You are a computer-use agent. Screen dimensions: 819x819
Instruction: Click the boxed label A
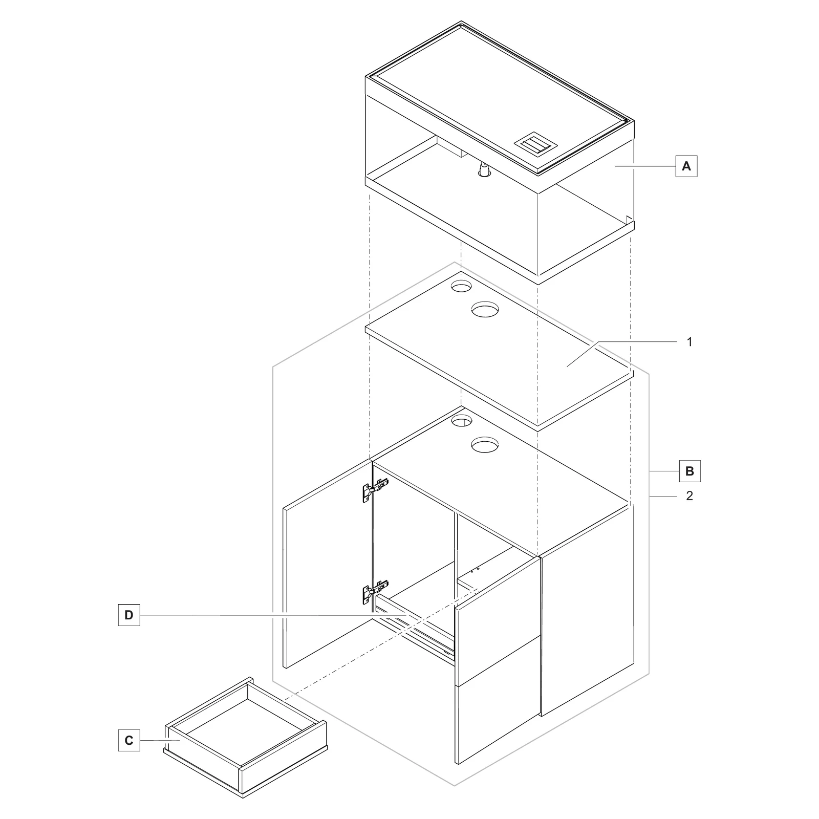coord(686,166)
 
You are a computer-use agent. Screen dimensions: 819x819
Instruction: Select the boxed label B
coord(689,471)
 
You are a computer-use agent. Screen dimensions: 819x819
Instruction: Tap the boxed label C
coord(129,740)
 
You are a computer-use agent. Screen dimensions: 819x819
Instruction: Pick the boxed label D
coord(129,615)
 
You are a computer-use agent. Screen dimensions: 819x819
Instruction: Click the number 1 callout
coord(689,342)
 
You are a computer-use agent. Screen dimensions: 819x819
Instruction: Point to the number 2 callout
coord(689,496)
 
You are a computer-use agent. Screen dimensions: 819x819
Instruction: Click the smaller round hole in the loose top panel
coord(461,287)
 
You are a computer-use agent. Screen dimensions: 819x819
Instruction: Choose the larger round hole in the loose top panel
coord(485,309)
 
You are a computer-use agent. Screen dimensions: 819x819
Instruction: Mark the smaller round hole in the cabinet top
coord(461,421)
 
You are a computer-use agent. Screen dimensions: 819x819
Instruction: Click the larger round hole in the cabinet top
coord(485,444)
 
